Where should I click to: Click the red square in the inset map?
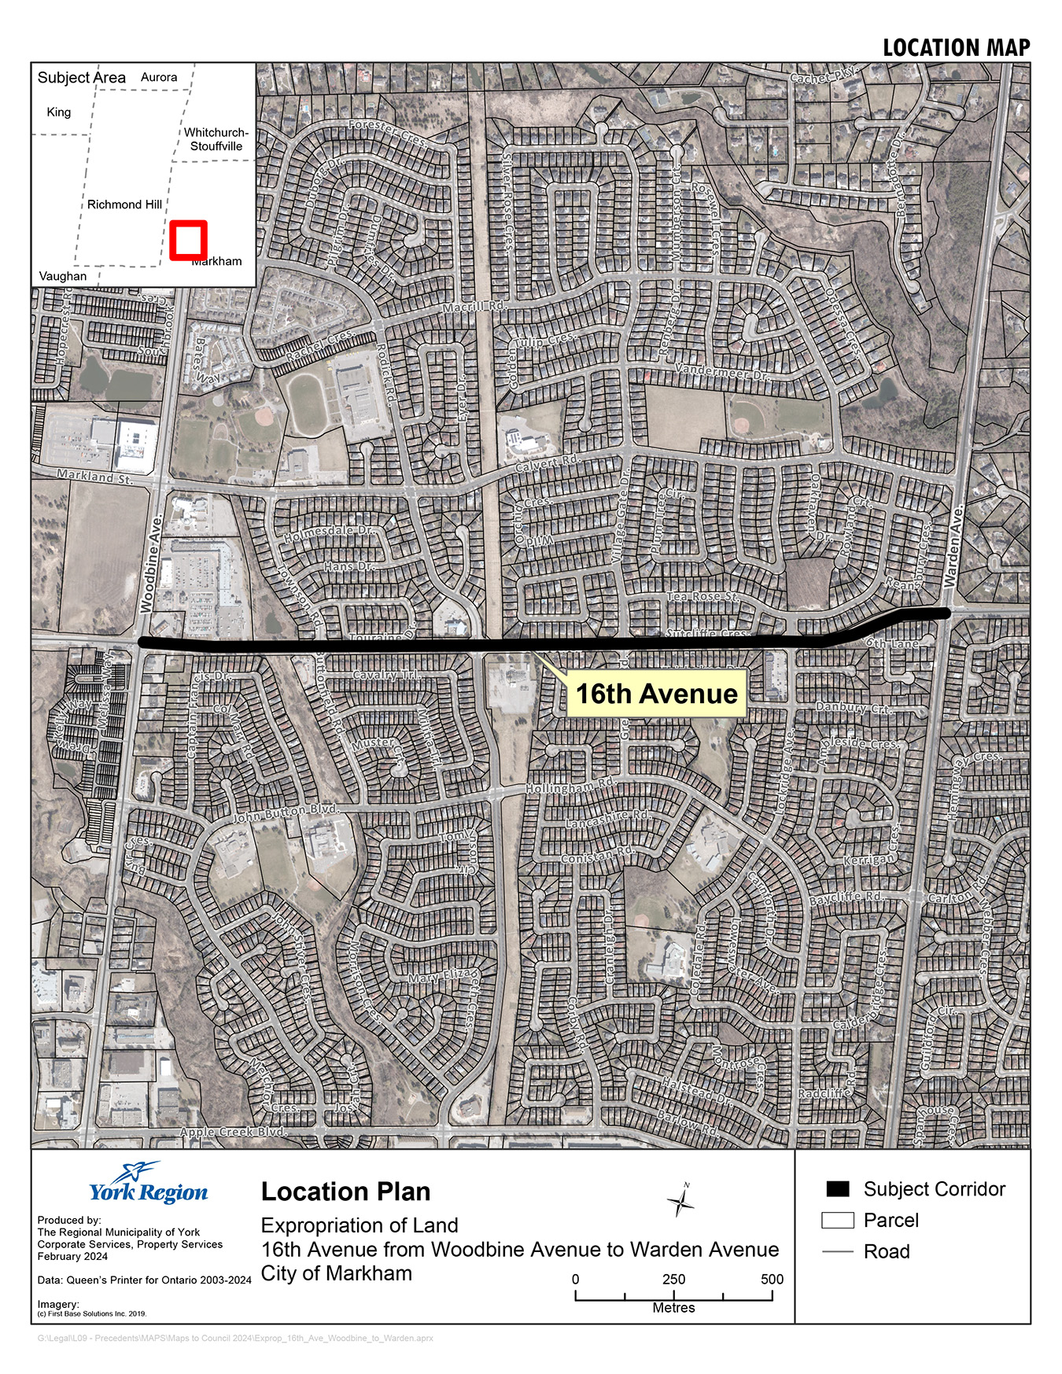pyautogui.click(x=188, y=240)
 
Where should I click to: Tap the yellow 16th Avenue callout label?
pyautogui.click(x=656, y=693)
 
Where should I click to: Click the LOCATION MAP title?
pyautogui.click(x=956, y=48)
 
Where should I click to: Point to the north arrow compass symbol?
pyautogui.click(x=680, y=1201)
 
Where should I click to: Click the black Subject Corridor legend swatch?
pyautogui.click(x=838, y=1188)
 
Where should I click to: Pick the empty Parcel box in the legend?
pyautogui.click(x=838, y=1220)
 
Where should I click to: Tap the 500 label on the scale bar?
pyautogui.click(x=772, y=1279)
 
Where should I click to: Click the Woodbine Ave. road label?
pyautogui.click(x=150, y=562)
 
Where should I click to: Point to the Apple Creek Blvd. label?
pyautogui.click(x=233, y=1132)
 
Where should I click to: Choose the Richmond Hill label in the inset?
pyautogui.click(x=124, y=204)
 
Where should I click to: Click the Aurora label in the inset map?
pyautogui.click(x=159, y=77)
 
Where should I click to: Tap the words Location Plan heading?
pyautogui.click(x=345, y=1192)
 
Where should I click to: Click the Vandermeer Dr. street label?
pyautogui.click(x=723, y=371)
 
